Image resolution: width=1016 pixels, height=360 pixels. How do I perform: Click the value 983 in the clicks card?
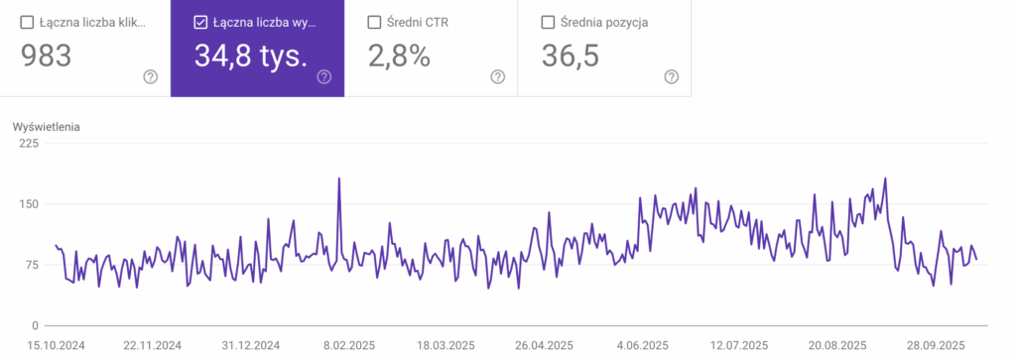click(x=46, y=57)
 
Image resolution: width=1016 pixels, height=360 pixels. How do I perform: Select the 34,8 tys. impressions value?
click(x=250, y=57)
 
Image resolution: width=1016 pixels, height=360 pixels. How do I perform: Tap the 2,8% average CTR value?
click(x=399, y=57)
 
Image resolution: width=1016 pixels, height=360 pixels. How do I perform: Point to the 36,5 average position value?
click(x=571, y=57)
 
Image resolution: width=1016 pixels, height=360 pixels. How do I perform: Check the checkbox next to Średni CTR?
click(x=374, y=22)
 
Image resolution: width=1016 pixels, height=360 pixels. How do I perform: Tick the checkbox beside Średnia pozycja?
click(x=548, y=22)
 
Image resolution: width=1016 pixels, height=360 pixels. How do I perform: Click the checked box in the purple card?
click(x=200, y=22)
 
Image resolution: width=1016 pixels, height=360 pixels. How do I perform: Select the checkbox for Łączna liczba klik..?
click(x=27, y=22)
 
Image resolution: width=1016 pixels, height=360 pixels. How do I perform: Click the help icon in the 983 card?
click(x=150, y=77)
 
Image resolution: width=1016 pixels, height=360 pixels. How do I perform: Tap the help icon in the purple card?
click(x=323, y=77)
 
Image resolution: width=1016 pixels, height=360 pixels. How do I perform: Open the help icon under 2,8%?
click(x=497, y=77)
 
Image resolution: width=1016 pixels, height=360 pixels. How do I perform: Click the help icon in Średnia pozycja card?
click(x=671, y=77)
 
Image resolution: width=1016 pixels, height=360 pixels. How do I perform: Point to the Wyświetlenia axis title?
click(x=46, y=127)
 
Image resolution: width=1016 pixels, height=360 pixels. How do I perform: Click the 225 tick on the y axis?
click(x=28, y=144)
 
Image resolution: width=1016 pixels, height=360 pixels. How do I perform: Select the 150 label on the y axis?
click(x=28, y=204)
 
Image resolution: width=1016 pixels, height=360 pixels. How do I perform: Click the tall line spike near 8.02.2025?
click(x=339, y=180)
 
